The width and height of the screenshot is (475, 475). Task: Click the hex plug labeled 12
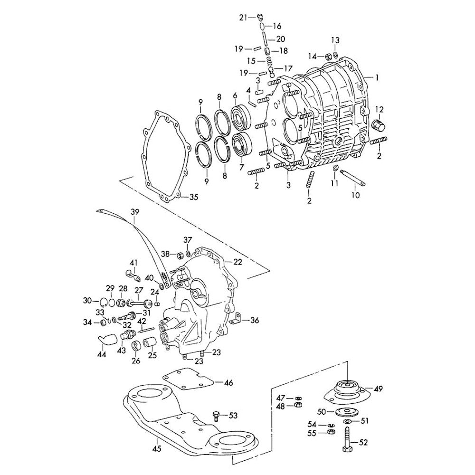point(379,126)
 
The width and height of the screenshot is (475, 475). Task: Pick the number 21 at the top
point(243,18)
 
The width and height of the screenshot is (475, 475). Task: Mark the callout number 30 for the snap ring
point(87,300)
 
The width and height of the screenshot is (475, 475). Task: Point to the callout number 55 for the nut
point(312,433)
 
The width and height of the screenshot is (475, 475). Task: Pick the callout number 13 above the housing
point(335,39)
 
